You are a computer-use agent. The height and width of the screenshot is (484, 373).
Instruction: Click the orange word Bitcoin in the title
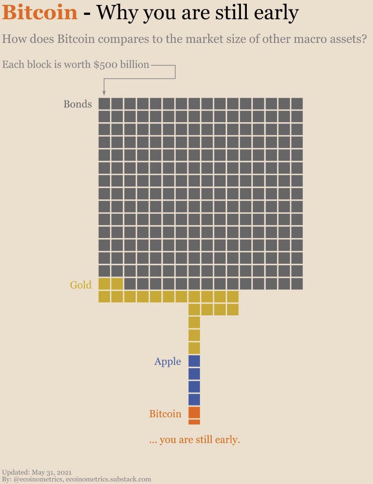pos(40,13)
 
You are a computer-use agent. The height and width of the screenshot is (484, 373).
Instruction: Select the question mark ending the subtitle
pos(364,39)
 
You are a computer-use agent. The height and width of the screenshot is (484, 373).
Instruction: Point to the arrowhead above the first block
pos(104,93)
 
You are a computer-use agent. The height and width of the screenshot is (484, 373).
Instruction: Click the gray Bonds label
pos(77,104)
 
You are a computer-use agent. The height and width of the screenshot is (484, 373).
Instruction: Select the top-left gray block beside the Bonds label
pos(104,104)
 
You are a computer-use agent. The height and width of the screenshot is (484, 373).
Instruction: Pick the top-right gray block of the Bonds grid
pos(297,104)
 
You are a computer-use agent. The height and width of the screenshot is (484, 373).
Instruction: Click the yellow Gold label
pos(81,285)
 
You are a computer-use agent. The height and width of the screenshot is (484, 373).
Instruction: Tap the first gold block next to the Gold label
pos(104,284)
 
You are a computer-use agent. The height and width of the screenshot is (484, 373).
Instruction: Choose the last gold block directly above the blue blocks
pos(194,348)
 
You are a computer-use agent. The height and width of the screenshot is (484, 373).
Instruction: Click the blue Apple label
pos(168,362)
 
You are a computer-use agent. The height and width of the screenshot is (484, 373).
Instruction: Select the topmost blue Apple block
pos(194,361)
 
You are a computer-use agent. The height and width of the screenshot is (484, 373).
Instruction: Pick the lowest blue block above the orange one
pos(194,400)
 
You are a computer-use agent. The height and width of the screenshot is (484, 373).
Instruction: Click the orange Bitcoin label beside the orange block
pos(165,414)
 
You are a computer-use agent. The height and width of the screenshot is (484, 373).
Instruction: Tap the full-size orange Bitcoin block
pos(194,412)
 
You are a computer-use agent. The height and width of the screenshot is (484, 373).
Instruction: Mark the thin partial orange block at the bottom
pos(194,422)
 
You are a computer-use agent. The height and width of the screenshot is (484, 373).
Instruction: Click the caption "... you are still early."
pos(194,439)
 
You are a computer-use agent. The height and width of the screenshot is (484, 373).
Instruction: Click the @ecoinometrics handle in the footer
pos(38,479)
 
